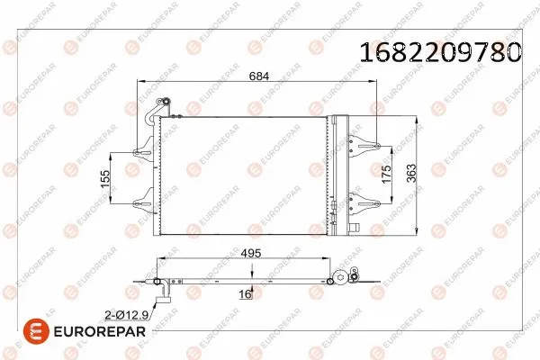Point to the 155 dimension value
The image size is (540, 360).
[104, 179]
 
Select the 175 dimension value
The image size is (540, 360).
[388, 175]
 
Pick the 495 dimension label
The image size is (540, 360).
[251, 255]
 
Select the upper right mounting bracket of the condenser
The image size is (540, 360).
[364, 142]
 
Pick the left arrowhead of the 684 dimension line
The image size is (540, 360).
[138, 82]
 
